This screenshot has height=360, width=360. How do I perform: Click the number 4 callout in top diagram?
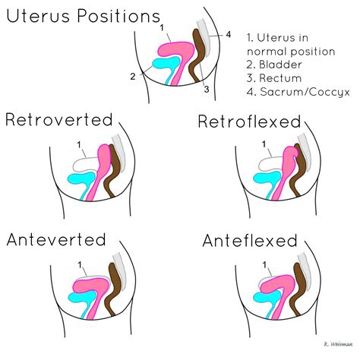228,34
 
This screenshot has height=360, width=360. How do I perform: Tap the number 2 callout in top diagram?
132,76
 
